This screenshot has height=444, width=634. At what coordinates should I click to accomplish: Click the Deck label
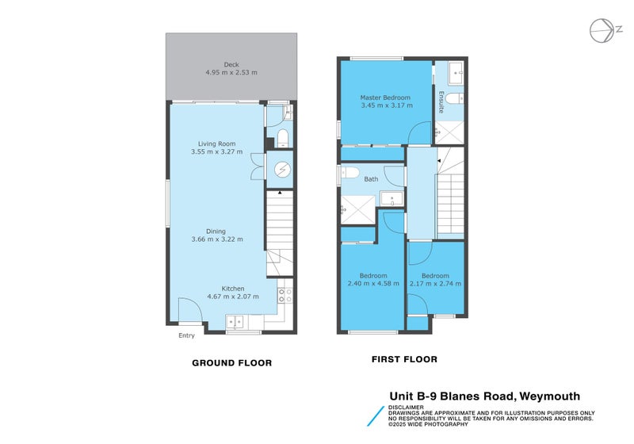click(231, 65)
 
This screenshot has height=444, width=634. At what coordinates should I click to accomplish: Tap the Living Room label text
click(217, 144)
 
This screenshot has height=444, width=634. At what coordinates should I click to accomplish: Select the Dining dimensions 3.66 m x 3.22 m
click(217, 239)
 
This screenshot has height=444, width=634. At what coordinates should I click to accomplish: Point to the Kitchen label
click(233, 288)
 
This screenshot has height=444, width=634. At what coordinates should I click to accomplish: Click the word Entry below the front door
click(186, 335)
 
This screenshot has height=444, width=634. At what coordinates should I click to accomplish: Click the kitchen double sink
click(235, 321)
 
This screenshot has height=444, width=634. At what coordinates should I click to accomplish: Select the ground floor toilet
click(283, 140)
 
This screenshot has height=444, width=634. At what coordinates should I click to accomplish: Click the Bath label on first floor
click(371, 179)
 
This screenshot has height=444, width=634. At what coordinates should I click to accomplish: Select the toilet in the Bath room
click(351, 173)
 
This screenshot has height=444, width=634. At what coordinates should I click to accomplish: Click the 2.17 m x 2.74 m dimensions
click(435, 283)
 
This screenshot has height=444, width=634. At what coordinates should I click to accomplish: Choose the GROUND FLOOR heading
click(232, 363)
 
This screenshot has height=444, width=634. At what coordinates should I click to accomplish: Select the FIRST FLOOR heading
click(404, 359)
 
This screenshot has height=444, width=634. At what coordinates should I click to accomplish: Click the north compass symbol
click(603, 30)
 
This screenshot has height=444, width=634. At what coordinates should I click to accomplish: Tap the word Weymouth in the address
click(550, 396)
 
